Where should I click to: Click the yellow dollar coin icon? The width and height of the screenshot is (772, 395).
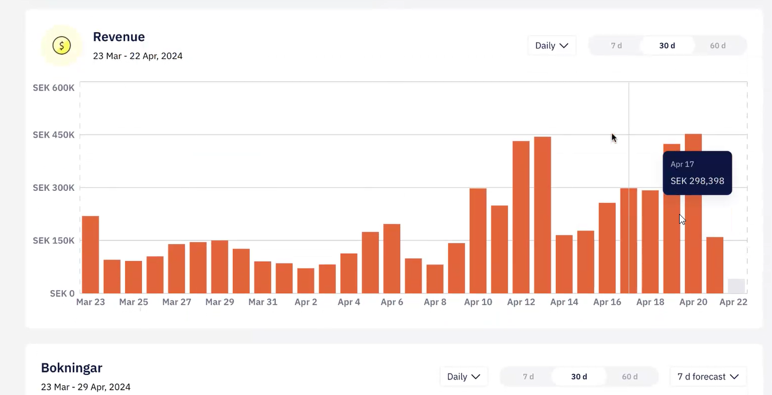pos(62,46)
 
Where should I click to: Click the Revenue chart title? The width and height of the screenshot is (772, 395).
pos(119,37)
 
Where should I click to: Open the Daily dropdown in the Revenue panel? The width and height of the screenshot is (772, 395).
pos(552,46)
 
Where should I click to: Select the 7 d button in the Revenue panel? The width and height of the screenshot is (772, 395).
pos(616,46)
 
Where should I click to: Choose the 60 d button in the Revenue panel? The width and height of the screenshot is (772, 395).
pos(718,46)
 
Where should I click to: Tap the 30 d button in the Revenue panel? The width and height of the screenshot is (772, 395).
pos(667,46)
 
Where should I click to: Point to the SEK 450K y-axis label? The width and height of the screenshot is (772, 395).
pos(54,135)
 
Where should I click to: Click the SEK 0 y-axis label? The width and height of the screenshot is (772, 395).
pos(62,294)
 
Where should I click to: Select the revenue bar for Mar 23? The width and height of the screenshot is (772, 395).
pos(91,254)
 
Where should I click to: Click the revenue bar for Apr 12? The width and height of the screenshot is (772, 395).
pos(521,217)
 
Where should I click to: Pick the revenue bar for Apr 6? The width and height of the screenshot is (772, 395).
pos(392,259)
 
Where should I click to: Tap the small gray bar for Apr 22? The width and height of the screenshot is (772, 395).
pos(736,286)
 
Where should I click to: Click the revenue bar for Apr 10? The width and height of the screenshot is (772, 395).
pos(478,240)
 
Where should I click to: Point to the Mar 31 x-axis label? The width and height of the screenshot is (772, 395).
pos(263,302)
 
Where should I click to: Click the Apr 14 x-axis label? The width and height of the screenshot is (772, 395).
pos(564,302)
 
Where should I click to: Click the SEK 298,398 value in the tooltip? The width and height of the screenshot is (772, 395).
pos(697,181)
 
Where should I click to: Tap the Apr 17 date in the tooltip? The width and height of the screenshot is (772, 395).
pos(682,164)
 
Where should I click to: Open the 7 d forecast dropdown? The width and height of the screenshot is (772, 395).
pos(708,377)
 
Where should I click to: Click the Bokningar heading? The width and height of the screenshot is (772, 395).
pos(72,368)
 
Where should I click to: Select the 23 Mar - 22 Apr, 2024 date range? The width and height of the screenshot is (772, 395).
pos(137,56)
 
